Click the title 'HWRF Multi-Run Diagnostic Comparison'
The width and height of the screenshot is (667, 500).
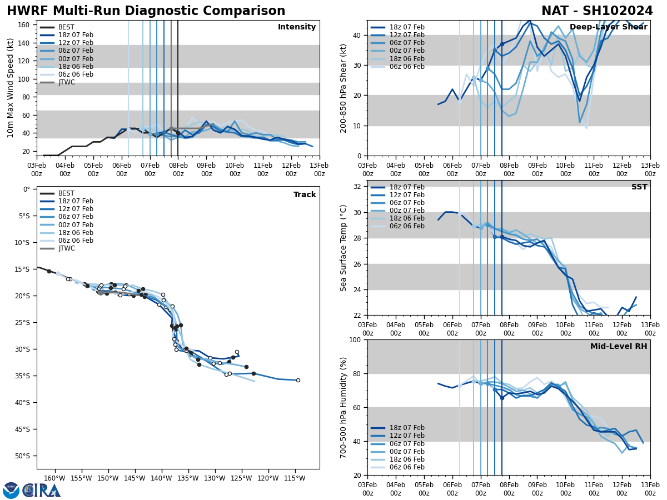[146, 11]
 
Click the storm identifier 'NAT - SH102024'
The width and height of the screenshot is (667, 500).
[597, 11]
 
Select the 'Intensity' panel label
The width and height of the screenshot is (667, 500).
[297, 27]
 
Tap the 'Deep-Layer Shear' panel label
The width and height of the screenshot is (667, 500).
[608, 27]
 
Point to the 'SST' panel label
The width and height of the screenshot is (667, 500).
[639, 187]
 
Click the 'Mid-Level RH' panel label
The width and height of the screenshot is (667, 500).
[619, 347]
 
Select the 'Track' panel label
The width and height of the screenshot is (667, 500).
[305, 195]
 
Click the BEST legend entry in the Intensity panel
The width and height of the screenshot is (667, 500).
[66, 27]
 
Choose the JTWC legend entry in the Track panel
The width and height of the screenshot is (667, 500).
[66, 248]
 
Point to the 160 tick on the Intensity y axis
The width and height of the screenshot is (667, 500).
[24, 25]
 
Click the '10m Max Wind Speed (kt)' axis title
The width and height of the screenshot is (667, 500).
[11, 88]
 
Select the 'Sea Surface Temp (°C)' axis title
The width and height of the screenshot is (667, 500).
[344, 248]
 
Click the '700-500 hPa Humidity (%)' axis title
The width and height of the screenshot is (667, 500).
[344, 407]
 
